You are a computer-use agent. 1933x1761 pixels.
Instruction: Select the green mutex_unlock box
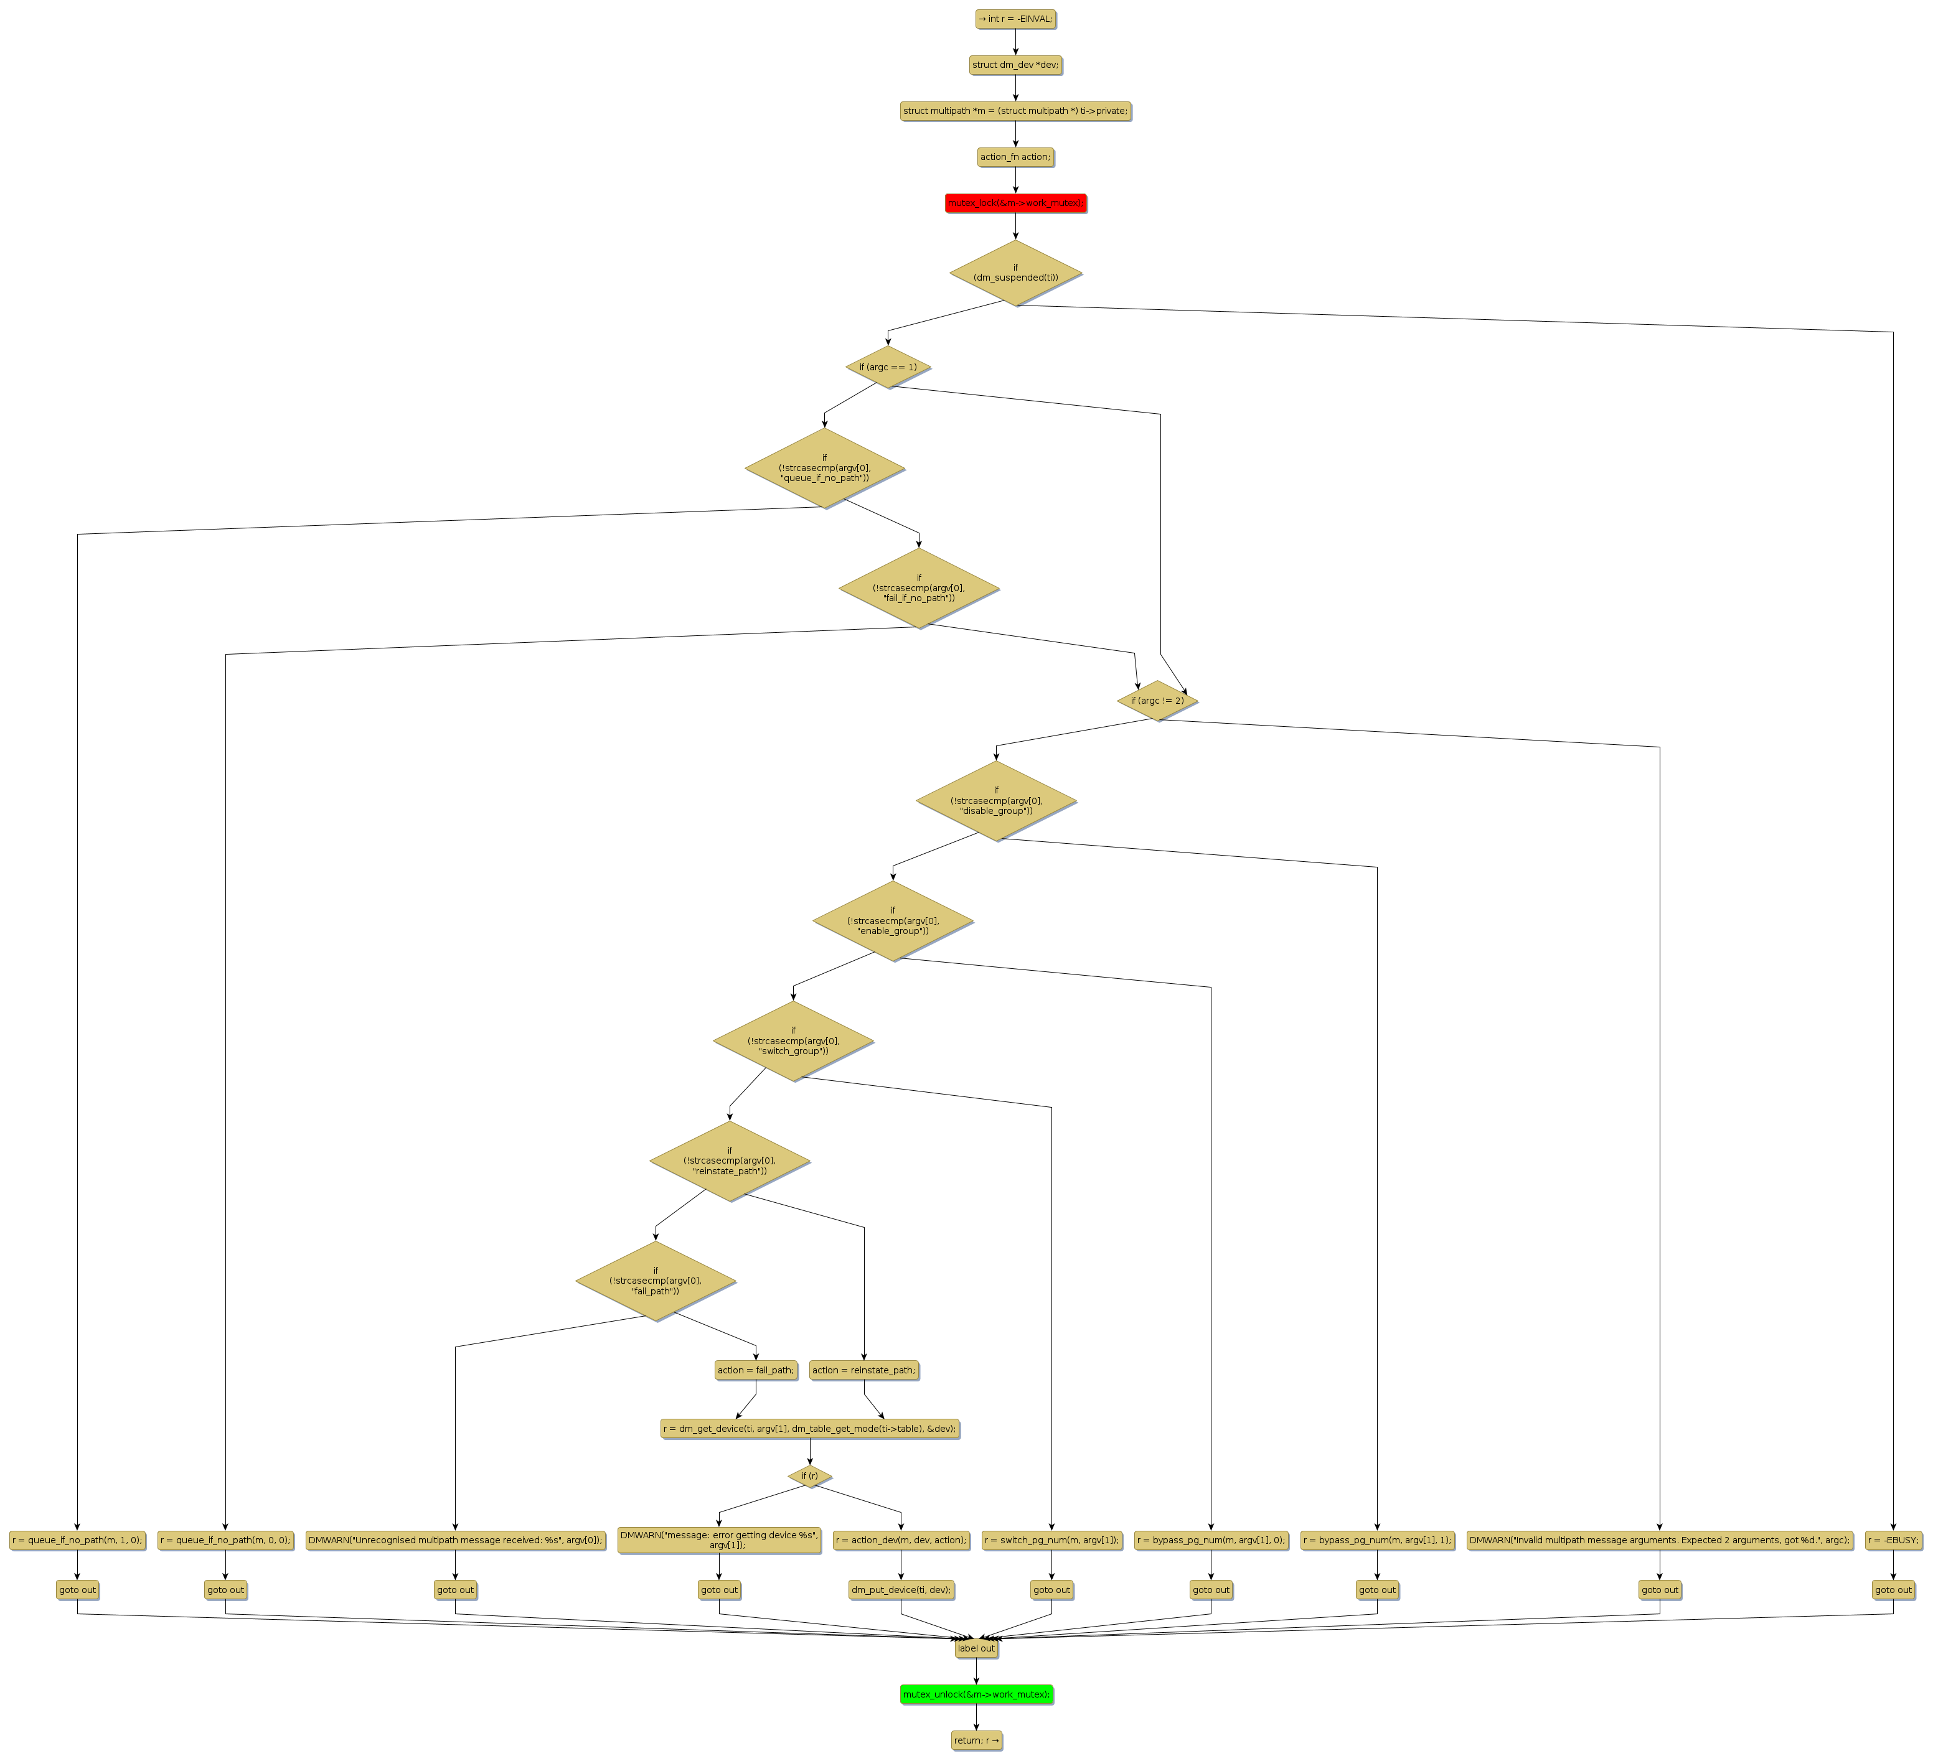(976, 1694)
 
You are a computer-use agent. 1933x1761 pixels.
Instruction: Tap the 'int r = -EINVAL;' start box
(1015, 18)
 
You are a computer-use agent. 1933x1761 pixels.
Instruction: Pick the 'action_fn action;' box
(1015, 156)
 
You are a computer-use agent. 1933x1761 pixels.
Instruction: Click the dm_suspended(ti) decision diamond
(1015, 273)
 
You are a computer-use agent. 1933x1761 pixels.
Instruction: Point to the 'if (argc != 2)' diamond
(1157, 701)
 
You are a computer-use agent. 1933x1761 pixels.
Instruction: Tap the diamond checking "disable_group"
(996, 800)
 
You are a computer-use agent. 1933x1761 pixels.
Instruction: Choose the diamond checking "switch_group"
(793, 1041)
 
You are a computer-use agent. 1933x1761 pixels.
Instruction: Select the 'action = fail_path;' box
(756, 1370)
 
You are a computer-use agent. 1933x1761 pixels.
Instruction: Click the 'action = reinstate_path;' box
(864, 1370)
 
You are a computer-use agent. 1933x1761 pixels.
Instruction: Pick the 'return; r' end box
(976, 1740)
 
